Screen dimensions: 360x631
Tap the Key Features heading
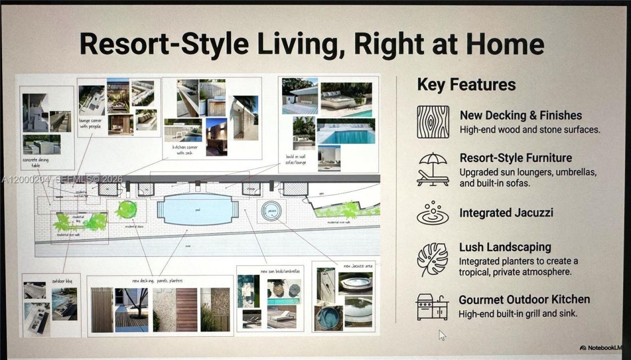[x=466, y=84]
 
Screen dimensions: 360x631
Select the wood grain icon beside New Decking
[x=433, y=122]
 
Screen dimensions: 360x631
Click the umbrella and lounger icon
[x=433, y=170]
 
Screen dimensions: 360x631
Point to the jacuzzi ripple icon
[x=433, y=213]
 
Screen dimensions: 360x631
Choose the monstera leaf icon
[x=433, y=259]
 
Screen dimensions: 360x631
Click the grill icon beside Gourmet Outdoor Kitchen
[x=432, y=306]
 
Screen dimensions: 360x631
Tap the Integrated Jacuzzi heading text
[x=506, y=213]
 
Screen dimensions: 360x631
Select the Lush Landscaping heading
[x=505, y=247]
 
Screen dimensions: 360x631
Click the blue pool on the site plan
[x=198, y=210]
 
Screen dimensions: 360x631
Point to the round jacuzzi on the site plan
[x=271, y=211]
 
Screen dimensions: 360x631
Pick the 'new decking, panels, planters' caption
[x=157, y=281]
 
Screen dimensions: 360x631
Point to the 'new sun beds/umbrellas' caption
[x=280, y=271]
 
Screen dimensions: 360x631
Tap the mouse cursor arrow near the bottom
[x=442, y=335]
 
